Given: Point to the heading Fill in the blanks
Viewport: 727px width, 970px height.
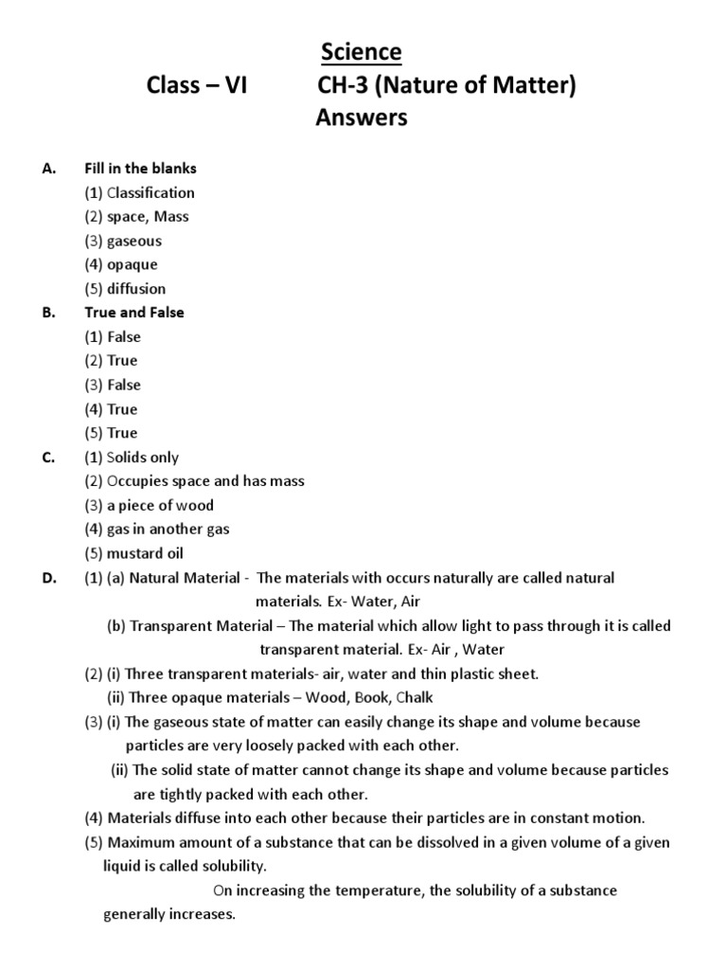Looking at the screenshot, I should [140, 169].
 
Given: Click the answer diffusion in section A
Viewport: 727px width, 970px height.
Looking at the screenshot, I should [135, 288].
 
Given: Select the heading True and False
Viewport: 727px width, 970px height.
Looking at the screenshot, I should [134, 313].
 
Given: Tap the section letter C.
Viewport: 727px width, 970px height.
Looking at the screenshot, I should [48, 458].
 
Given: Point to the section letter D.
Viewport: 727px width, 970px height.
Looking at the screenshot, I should [49, 578].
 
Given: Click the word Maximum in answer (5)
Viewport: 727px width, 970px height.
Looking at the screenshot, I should [143, 842].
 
